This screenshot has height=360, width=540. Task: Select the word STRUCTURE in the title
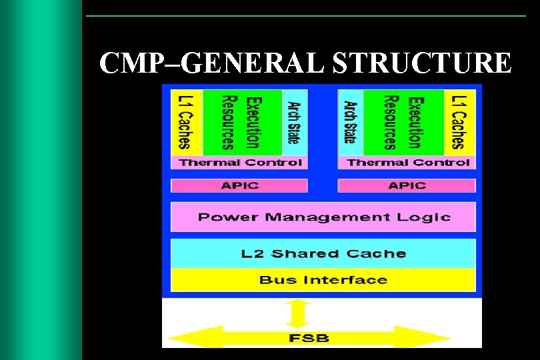tap(423, 64)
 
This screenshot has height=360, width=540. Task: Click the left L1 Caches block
tap(184, 122)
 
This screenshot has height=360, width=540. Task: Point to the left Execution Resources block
tap(241, 122)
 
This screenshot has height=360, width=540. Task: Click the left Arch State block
tap(294, 122)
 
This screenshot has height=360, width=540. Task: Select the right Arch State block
tap(350, 122)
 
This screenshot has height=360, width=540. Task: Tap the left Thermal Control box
tap(240, 163)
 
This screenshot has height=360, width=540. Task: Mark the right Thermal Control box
tap(407, 163)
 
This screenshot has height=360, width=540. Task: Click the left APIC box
tap(239, 185)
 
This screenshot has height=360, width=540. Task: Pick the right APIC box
tap(407, 185)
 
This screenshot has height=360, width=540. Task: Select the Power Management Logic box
tap(323, 217)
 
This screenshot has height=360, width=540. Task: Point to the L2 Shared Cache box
tap(323, 253)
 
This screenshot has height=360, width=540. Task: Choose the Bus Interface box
tap(323, 279)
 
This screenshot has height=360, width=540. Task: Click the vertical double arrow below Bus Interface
tap(299, 311)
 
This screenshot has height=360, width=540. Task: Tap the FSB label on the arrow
tap(309, 338)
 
